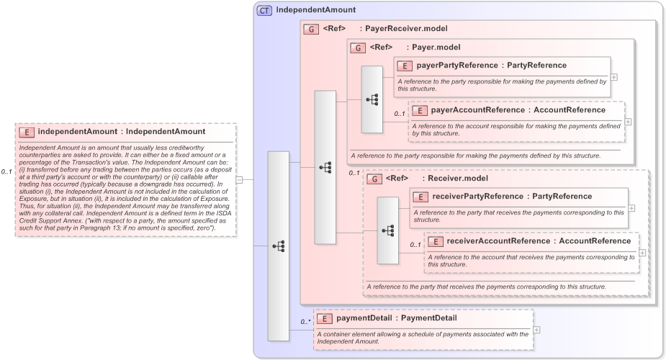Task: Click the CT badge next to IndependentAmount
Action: [264, 11]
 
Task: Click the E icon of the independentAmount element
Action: [26, 132]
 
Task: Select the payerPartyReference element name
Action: [457, 66]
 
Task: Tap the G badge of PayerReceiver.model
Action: [311, 30]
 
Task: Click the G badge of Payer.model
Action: [357, 48]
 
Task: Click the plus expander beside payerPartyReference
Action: [613, 76]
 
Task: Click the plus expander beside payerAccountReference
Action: [628, 121]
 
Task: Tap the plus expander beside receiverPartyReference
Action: [631, 207]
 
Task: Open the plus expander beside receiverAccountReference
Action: [642, 252]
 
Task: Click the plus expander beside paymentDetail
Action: [536, 329]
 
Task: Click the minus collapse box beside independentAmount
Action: [239, 180]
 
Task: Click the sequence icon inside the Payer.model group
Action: [372, 99]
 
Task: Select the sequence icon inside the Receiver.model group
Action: [388, 230]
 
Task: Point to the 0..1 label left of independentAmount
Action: [7, 172]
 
